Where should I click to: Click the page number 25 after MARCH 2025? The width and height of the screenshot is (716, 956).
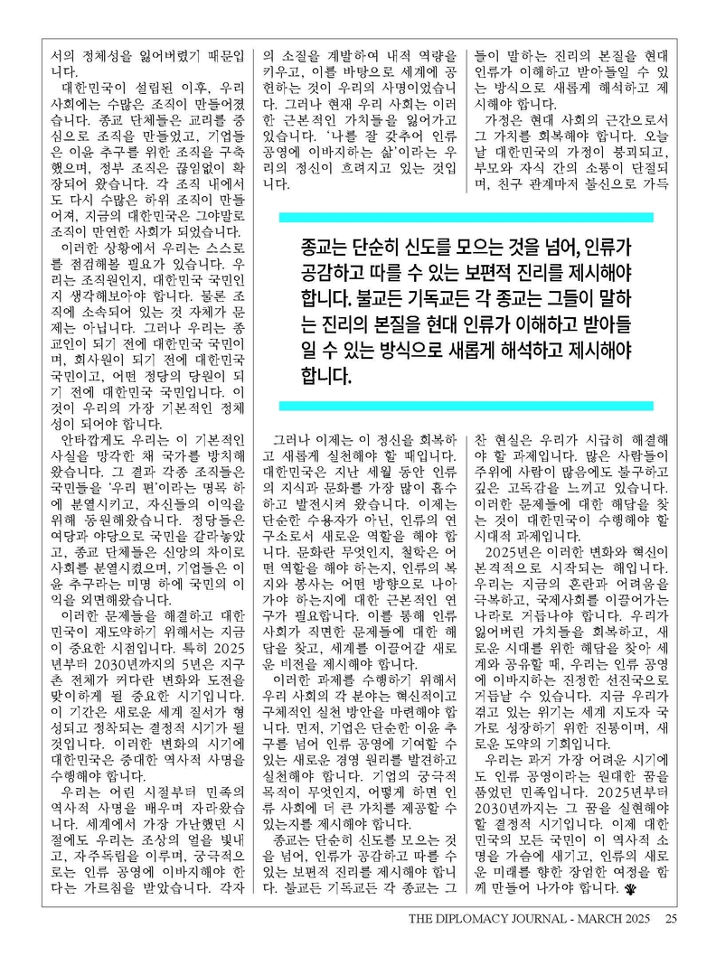671,920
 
